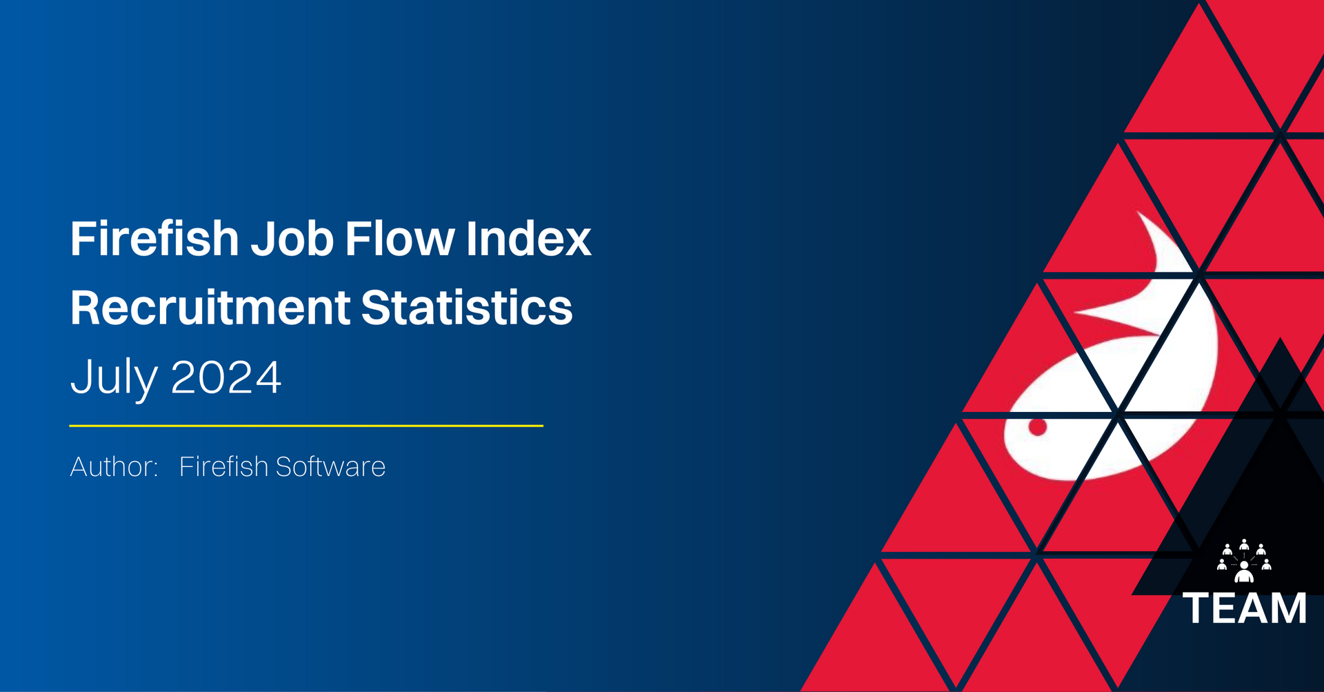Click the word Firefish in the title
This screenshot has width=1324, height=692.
point(154,239)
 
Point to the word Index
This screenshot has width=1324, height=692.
point(529,239)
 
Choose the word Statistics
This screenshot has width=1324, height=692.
point(467,308)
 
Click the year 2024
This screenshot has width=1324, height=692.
point(225,377)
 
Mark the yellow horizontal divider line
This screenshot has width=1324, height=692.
point(306,426)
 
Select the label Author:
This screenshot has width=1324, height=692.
point(114,466)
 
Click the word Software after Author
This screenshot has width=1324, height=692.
point(330,466)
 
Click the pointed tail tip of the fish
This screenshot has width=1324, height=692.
point(1138,212)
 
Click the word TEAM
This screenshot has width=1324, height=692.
point(1245,609)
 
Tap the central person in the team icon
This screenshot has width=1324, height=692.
point(1244,572)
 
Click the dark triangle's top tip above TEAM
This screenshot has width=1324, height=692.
point(1281,339)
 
